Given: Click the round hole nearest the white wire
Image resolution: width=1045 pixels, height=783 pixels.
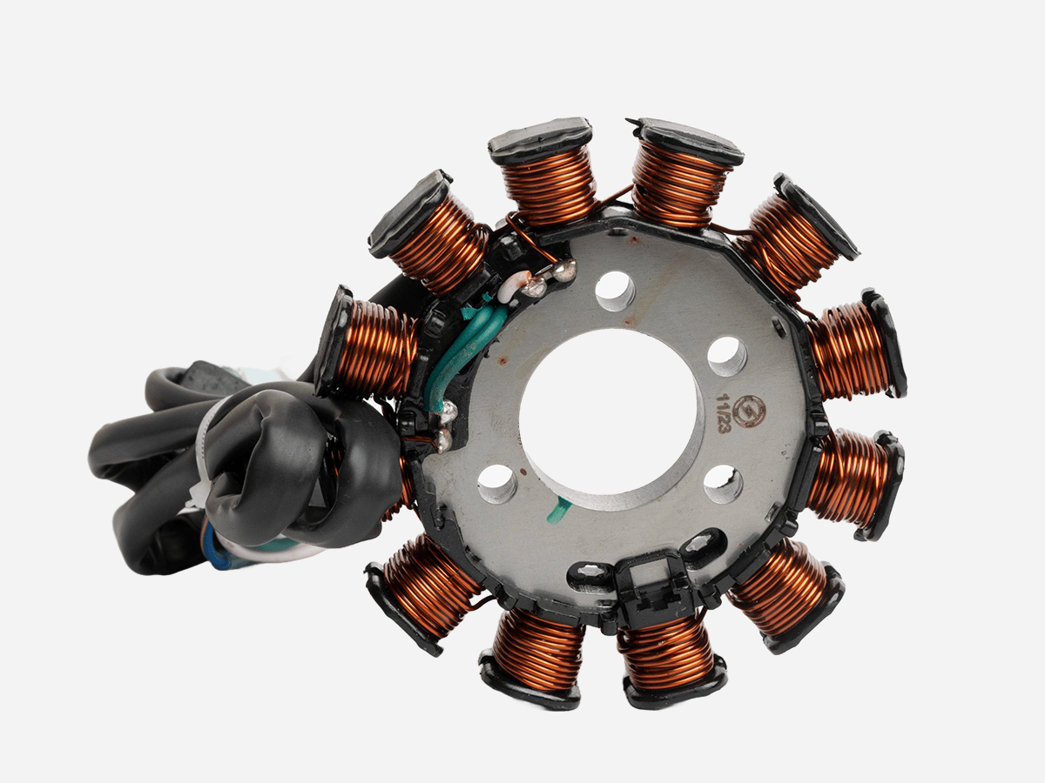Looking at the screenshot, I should click(615, 291).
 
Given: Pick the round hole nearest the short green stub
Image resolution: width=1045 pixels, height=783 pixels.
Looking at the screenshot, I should click(497, 483).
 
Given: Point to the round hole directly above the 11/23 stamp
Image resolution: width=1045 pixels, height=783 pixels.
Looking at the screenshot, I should click(726, 355).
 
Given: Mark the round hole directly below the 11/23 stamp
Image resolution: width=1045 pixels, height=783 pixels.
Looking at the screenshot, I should click(723, 484).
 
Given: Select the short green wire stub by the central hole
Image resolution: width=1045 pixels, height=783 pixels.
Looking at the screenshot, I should click(557, 510).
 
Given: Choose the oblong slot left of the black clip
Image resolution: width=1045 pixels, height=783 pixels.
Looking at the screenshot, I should click(591, 573).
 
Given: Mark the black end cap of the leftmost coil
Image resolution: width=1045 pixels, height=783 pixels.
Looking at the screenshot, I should click(334, 339).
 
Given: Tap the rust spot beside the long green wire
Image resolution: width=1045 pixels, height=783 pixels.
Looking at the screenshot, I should click(503, 358).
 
